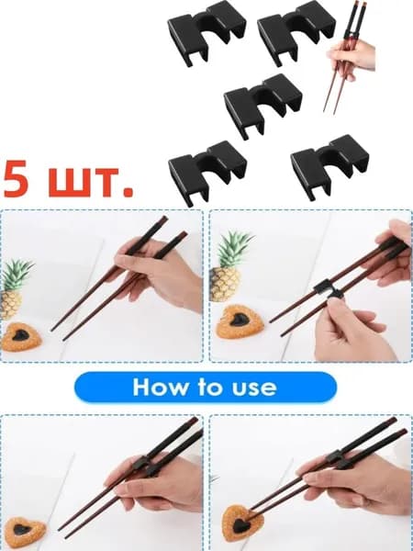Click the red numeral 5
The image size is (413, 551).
(x=16, y=179)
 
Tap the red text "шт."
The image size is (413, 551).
(x=91, y=182)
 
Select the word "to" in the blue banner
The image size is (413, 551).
(x=210, y=388)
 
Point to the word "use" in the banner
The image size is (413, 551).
(x=254, y=388)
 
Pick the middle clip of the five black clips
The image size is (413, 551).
(x=262, y=105)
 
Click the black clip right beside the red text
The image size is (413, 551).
(x=207, y=173)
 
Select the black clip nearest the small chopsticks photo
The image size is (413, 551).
(x=296, y=32)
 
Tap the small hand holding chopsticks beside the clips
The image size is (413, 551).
(x=352, y=59)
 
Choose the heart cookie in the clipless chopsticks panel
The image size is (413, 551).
(x=21, y=337)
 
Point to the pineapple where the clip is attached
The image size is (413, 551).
(x=229, y=266)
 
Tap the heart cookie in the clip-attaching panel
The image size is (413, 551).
(x=240, y=321)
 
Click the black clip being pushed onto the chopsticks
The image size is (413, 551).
(x=329, y=289)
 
